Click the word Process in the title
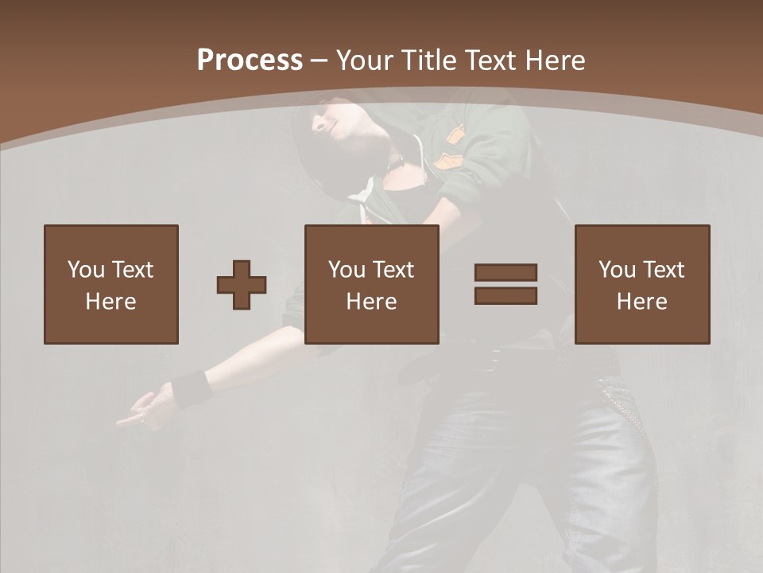tap(250, 60)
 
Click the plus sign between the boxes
tap(242, 285)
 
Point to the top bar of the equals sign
tap(505, 273)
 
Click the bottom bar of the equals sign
tap(505, 296)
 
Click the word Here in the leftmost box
tap(110, 302)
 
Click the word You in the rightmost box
tap(617, 270)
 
